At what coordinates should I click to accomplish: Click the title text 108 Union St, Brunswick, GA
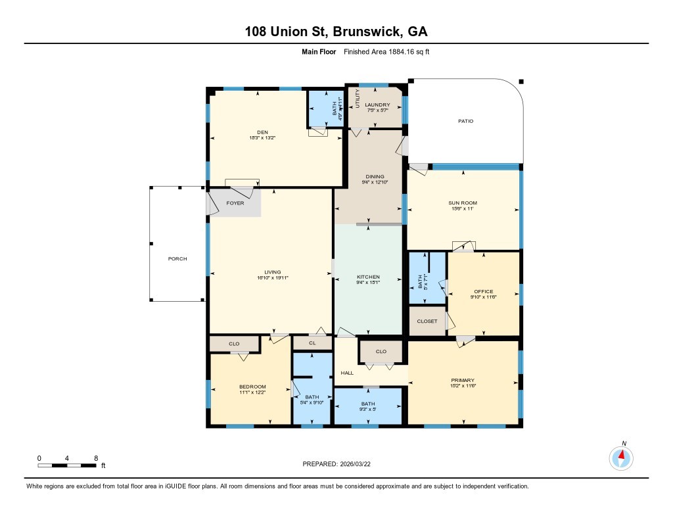[x=336, y=31]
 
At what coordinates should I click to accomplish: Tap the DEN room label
[x=253, y=132]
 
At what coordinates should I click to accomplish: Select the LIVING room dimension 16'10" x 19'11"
[x=273, y=278]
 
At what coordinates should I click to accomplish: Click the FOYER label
[x=235, y=203]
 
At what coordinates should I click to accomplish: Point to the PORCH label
[x=177, y=258]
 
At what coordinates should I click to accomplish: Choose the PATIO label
[x=466, y=121]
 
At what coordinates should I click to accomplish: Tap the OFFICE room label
[x=484, y=291]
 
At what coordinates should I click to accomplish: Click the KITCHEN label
[x=368, y=277]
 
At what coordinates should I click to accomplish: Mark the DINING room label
[x=375, y=176]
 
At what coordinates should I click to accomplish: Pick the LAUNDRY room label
[x=378, y=105]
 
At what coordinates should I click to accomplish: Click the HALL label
[x=347, y=373]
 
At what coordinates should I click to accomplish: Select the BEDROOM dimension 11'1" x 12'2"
[x=252, y=392]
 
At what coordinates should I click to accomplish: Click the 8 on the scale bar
[x=96, y=458]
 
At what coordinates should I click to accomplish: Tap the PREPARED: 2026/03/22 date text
[x=340, y=463]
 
